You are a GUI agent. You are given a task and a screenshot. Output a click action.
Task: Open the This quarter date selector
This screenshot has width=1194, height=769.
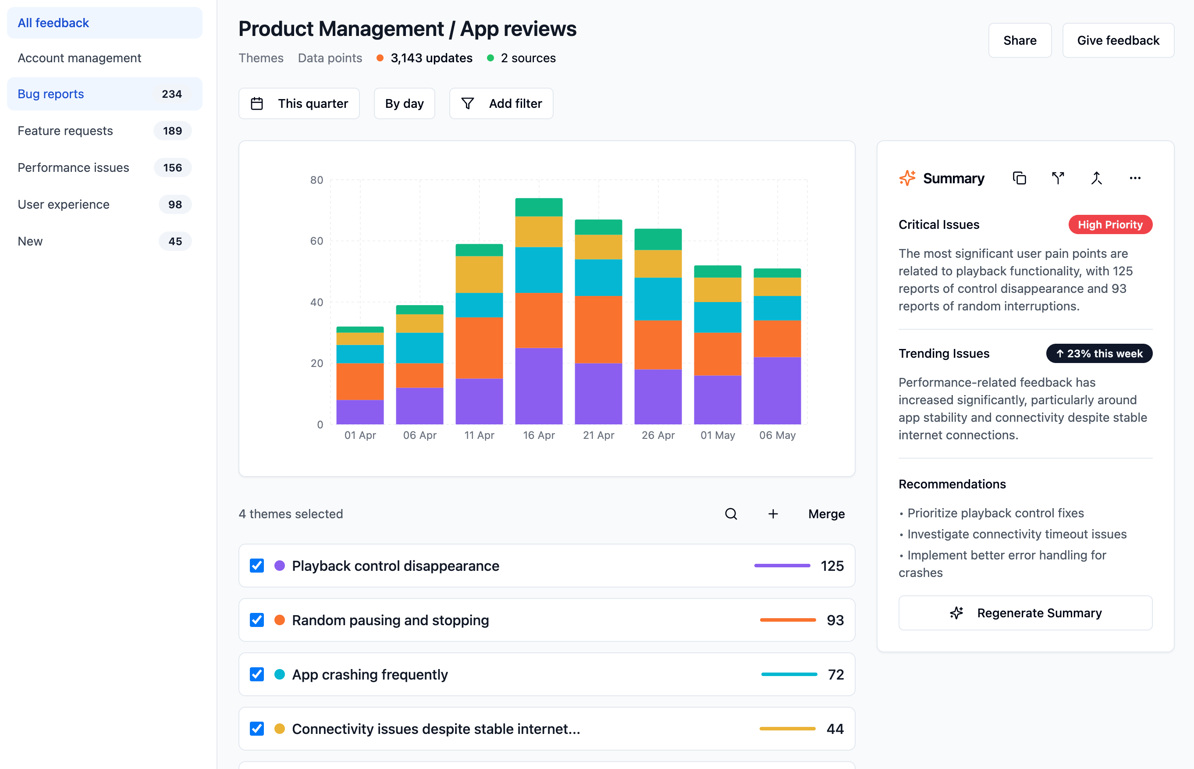299,103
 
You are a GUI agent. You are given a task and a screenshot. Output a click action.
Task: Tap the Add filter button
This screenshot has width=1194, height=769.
501,103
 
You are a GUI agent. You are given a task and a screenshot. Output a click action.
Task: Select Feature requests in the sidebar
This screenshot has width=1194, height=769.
65,131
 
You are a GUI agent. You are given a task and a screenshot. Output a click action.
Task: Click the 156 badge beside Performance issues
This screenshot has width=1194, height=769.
172,168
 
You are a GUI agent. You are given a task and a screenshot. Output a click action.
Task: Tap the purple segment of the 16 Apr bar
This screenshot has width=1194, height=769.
539,386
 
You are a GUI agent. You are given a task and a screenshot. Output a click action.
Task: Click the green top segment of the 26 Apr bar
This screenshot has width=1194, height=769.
658,239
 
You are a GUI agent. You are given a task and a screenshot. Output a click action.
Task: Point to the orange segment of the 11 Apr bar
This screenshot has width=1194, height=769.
479,348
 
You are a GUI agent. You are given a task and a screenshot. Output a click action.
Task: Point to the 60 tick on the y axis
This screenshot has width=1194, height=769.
316,241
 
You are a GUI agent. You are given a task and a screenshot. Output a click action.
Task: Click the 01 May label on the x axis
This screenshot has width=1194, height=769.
717,435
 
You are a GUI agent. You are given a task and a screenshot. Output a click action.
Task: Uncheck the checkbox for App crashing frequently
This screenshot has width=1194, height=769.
256,674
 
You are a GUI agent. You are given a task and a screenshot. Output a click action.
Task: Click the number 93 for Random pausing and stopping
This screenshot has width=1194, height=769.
835,620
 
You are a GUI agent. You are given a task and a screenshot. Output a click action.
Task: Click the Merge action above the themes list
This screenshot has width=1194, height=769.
826,514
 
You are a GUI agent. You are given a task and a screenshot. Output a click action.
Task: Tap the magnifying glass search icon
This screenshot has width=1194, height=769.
731,514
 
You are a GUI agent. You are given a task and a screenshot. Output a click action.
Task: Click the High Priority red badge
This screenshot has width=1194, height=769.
1110,225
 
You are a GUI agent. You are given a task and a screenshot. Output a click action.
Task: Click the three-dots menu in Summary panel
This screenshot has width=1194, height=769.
1134,178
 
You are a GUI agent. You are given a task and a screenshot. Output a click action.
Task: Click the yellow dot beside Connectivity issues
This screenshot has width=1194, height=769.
280,729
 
